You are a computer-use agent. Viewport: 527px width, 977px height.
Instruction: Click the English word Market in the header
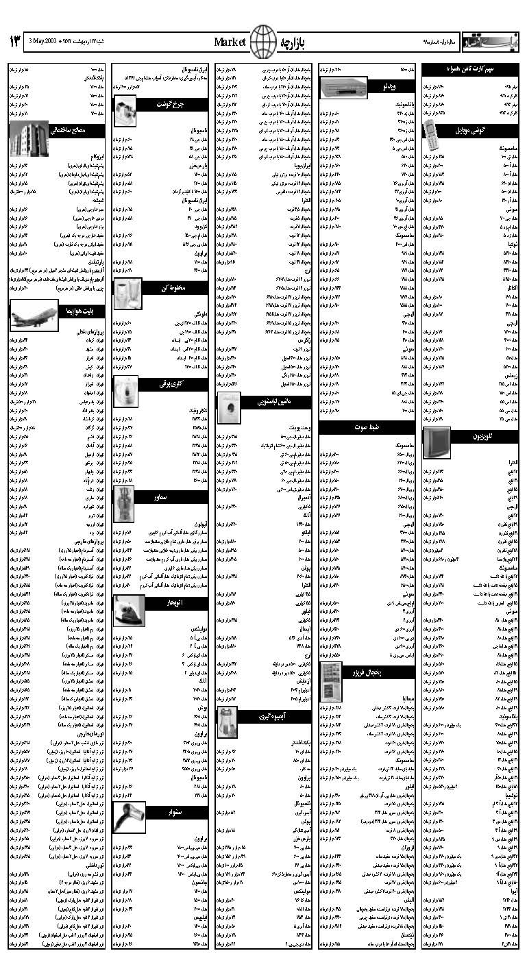point(230,42)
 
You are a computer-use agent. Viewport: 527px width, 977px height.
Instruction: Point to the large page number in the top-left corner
point(15,42)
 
